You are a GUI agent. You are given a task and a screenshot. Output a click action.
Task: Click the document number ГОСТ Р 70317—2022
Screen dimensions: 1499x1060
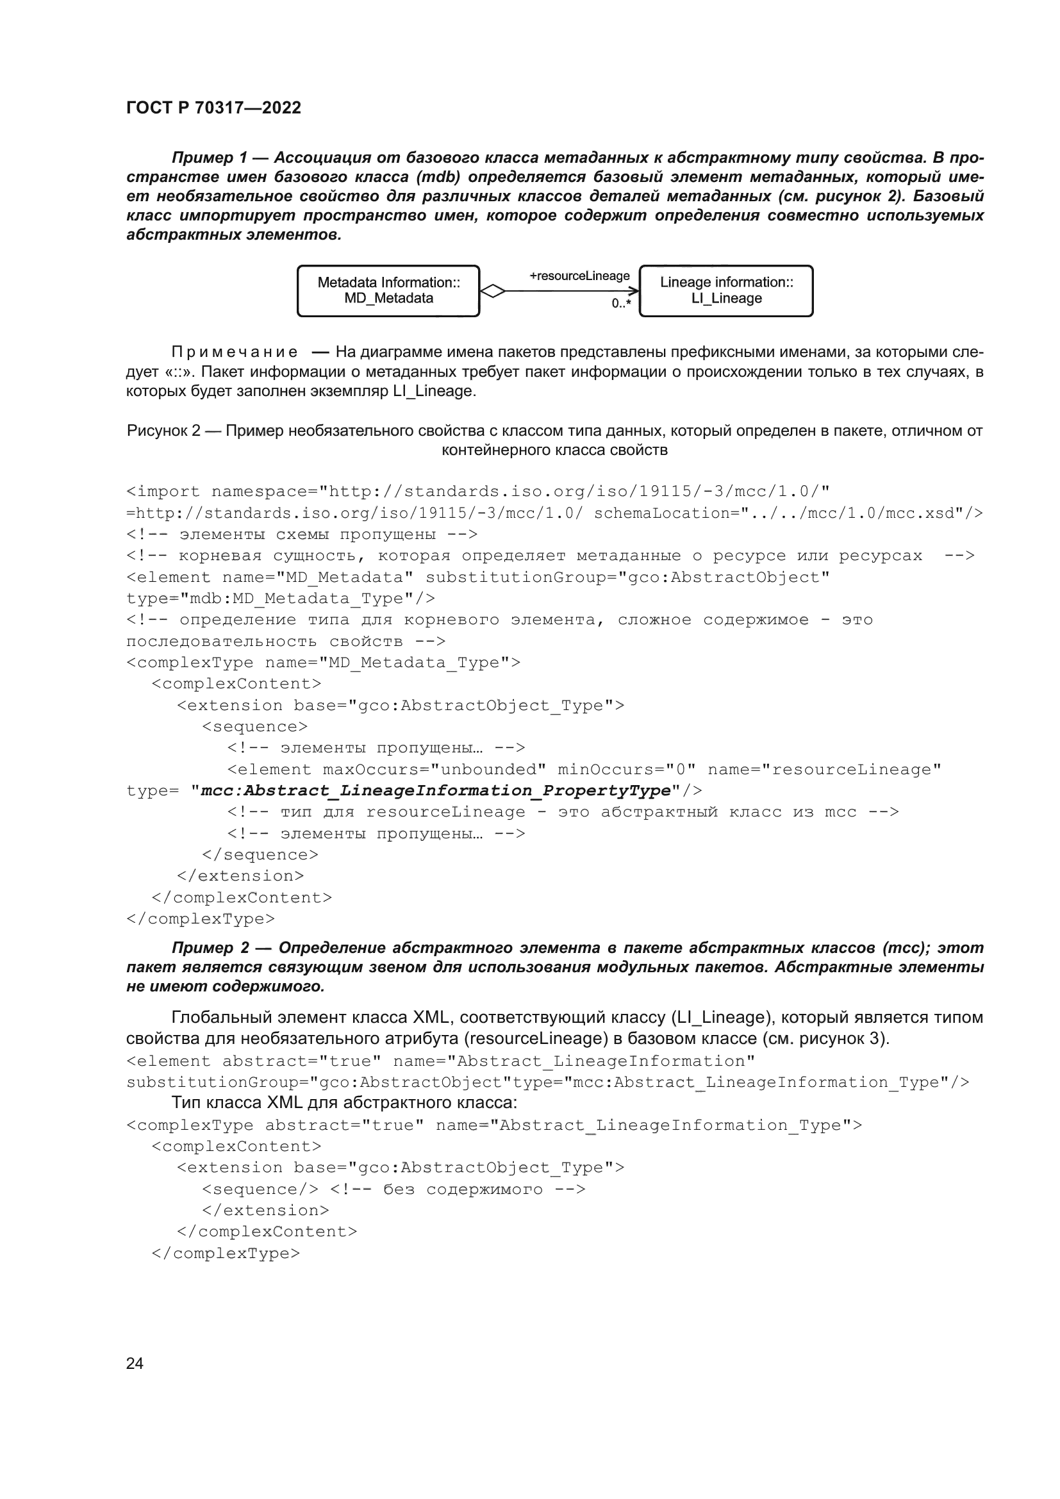pyautogui.click(x=213, y=108)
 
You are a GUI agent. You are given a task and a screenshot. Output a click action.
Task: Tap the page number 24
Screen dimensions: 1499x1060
pyautogui.click(x=135, y=1363)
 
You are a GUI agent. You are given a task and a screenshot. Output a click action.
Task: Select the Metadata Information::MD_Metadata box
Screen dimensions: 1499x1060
pyautogui.click(x=388, y=290)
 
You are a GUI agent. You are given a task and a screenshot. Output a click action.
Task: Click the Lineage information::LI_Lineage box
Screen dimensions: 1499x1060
pyautogui.click(x=726, y=290)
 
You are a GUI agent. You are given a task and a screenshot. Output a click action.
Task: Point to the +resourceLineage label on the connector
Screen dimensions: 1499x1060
pyautogui.click(x=579, y=276)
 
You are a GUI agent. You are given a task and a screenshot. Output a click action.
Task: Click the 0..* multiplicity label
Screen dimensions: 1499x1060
pyautogui.click(x=621, y=304)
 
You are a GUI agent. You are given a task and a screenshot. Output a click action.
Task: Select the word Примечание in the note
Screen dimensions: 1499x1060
pyautogui.click(x=235, y=352)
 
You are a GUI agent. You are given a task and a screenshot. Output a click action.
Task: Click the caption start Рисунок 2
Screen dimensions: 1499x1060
pyautogui.click(x=163, y=431)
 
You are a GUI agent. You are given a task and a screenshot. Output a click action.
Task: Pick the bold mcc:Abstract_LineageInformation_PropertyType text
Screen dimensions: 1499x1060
pyautogui.click(x=436, y=791)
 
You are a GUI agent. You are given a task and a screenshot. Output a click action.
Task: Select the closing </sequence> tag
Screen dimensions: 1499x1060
pyautogui.click(x=260, y=855)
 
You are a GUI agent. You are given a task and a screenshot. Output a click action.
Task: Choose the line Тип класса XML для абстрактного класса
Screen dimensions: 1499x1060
pyautogui.click(x=344, y=1103)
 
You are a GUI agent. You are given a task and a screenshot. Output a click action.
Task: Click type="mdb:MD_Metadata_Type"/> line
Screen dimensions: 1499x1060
pyautogui.click(x=280, y=599)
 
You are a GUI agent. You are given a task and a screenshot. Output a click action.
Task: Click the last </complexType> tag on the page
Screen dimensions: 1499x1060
pyautogui.click(x=225, y=1253)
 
